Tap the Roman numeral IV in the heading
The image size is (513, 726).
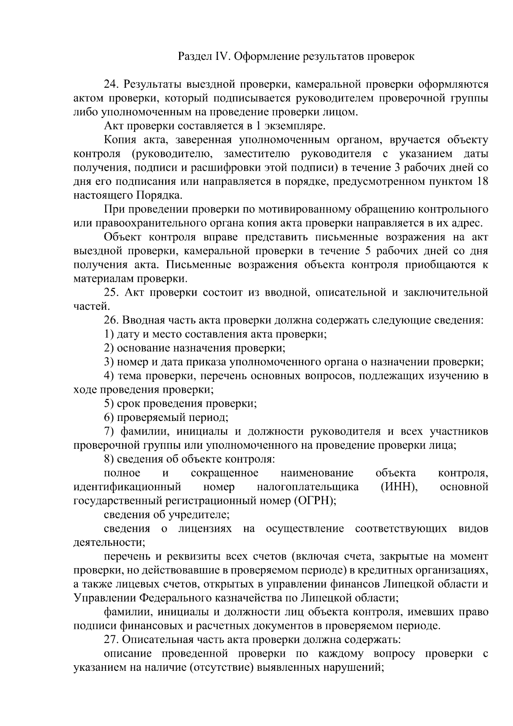[x=218, y=56]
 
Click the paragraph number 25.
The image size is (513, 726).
[x=111, y=293]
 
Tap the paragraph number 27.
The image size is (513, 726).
[x=111, y=640]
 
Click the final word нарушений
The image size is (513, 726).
[x=348, y=668]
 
